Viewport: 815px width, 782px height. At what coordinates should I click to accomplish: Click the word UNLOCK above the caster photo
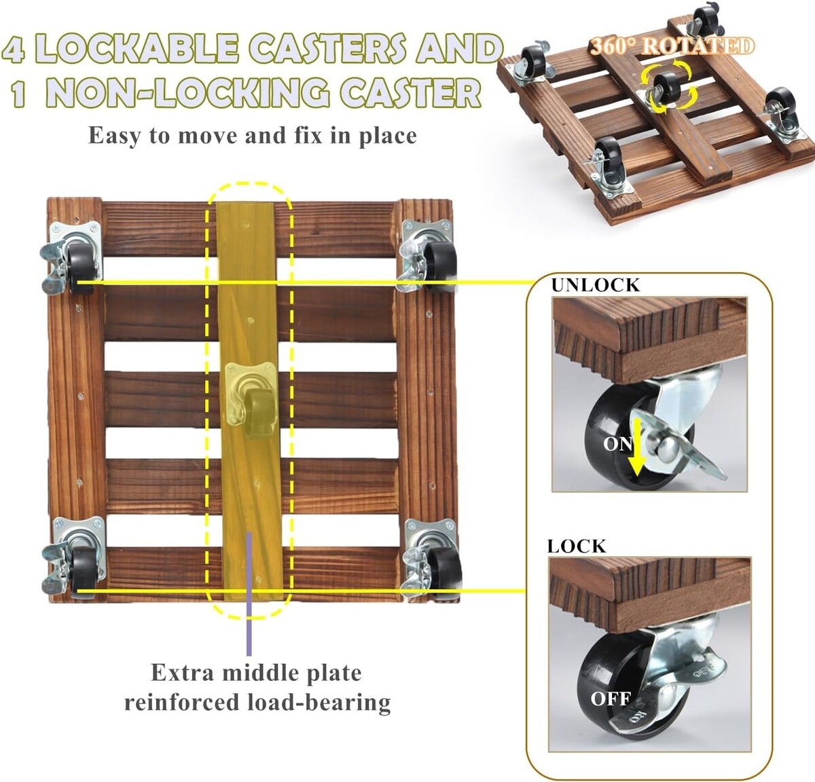pyautogui.click(x=596, y=285)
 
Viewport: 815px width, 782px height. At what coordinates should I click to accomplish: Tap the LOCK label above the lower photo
pyautogui.click(x=577, y=546)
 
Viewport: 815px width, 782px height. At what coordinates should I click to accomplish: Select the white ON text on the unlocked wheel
pyautogui.click(x=618, y=444)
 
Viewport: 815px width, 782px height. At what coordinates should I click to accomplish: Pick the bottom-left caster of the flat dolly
pyautogui.click(x=74, y=557)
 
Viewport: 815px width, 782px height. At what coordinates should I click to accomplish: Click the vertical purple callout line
pyautogui.click(x=249, y=593)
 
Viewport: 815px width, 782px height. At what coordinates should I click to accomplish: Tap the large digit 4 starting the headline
pyautogui.click(x=14, y=48)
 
